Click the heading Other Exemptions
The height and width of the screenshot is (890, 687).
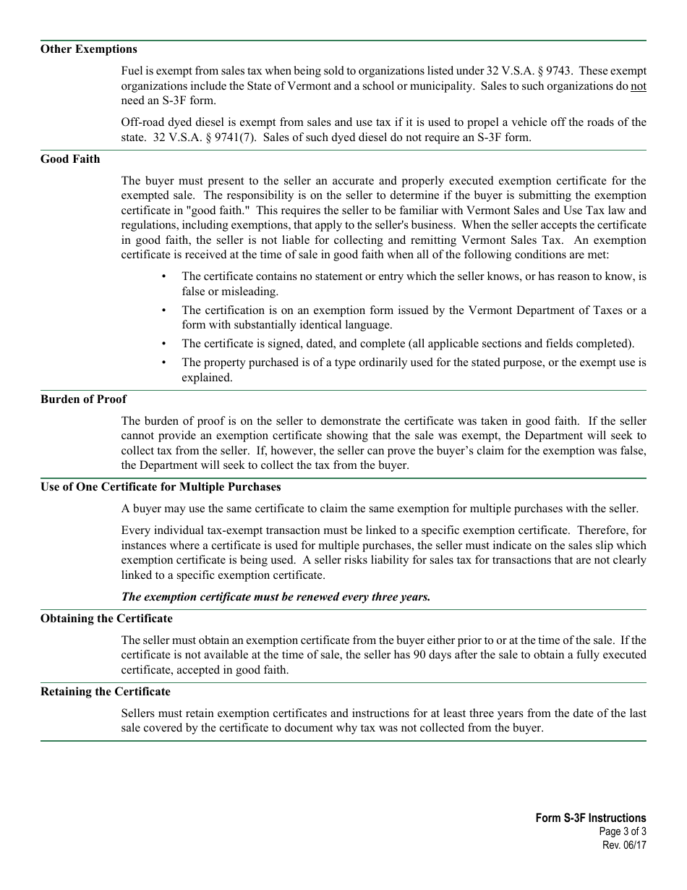[x=88, y=49]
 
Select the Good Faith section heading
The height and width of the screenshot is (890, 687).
[x=70, y=159]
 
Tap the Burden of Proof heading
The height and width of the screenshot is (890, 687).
[x=83, y=399]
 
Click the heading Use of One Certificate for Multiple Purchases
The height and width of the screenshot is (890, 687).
[x=161, y=487]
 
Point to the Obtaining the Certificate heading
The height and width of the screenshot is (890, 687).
[x=106, y=619]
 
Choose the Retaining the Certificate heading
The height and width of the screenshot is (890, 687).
[x=106, y=692]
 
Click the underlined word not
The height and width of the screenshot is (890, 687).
[x=638, y=86]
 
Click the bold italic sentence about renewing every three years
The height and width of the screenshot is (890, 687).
[x=276, y=597]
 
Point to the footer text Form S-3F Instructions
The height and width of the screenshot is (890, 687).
[x=591, y=818]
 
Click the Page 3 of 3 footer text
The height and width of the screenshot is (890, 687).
[x=623, y=832]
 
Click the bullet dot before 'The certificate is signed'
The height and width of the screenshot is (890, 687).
[x=164, y=344]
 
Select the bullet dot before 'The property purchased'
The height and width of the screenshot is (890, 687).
[x=164, y=363]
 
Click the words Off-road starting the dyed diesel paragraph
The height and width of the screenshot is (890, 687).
[x=145, y=122]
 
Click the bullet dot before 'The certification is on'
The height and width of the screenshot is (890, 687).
[x=164, y=310]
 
